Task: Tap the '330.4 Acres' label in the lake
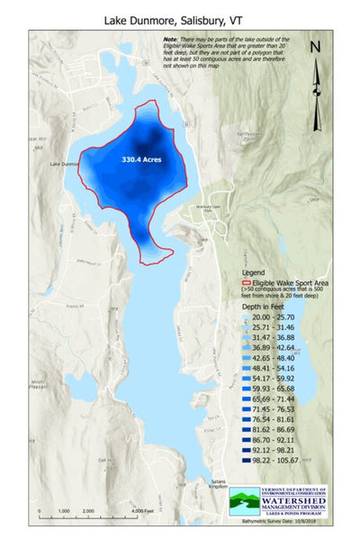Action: tap(141, 158)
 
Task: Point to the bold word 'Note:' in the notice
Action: tap(171, 40)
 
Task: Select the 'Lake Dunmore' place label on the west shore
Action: tap(66, 164)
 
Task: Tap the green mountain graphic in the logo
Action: tap(246, 500)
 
